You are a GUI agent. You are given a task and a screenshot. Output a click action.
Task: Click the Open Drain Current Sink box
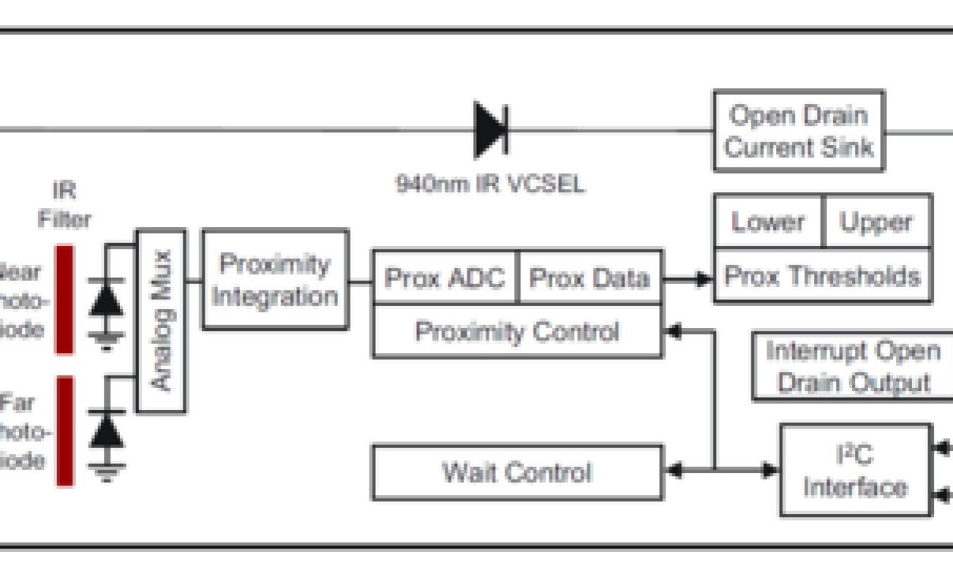click(798, 131)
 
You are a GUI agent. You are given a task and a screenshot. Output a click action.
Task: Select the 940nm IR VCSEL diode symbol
click(491, 130)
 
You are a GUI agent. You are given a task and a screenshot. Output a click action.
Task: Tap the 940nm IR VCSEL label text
click(490, 184)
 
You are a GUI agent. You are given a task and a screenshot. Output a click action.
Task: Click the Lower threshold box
click(767, 222)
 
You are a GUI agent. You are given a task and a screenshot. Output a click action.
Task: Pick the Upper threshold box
click(876, 222)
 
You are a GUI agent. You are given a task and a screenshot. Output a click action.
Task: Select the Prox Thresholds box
click(822, 276)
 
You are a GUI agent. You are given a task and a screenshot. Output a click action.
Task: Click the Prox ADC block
click(445, 278)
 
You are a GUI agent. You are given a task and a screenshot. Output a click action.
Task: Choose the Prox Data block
click(589, 278)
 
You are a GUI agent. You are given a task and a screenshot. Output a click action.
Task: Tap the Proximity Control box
click(517, 332)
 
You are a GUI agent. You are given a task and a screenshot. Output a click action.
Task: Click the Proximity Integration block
click(275, 279)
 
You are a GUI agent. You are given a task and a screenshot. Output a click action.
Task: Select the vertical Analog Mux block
click(161, 320)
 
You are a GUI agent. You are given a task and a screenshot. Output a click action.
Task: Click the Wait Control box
click(517, 473)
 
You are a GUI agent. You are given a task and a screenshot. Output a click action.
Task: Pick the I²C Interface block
click(855, 471)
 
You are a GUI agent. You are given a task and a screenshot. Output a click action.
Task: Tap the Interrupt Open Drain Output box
click(853, 366)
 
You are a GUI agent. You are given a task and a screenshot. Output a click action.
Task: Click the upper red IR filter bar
click(64, 299)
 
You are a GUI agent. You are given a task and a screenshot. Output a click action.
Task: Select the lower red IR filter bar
click(64, 430)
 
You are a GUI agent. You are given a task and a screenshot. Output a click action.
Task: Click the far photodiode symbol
click(107, 431)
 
